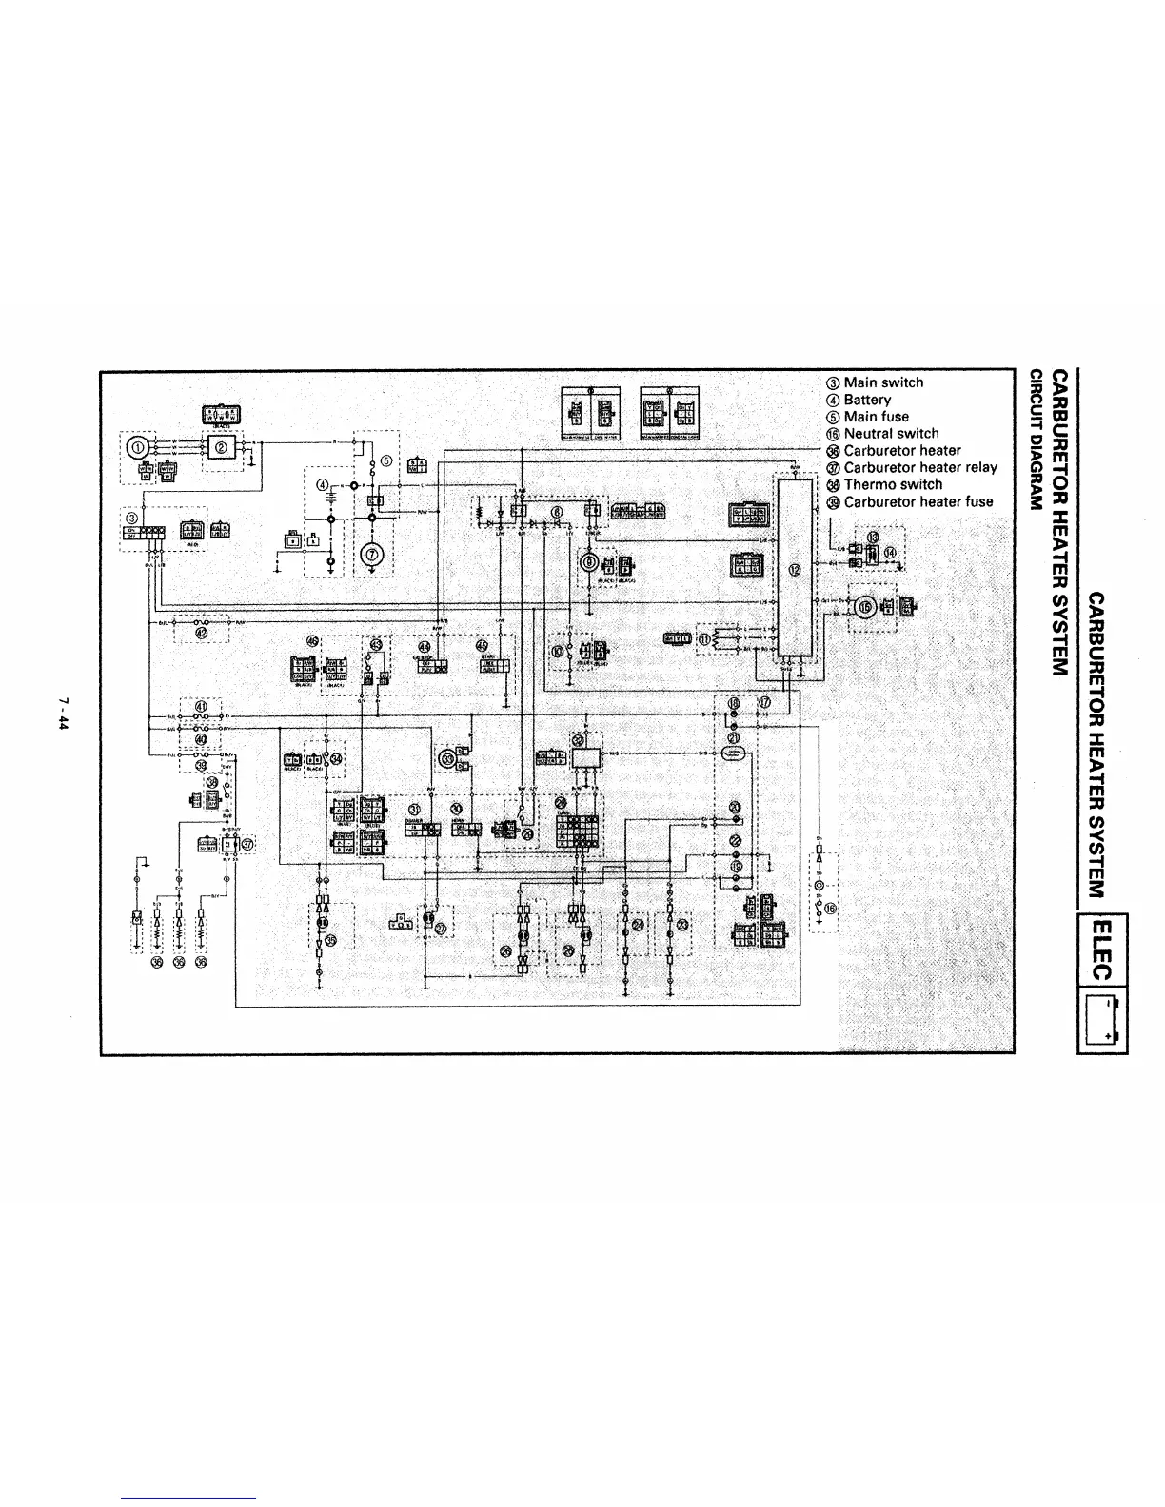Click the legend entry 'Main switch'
coord(882,382)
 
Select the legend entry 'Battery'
coord(866,400)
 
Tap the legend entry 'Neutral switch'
coord(890,433)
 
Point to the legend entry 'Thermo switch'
coord(892,484)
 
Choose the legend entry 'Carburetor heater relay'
coord(919,467)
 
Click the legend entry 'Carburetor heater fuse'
coord(918,501)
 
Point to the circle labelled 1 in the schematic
coord(137,446)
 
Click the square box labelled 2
coord(221,447)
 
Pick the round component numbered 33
coord(445,757)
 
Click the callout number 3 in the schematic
coord(131,518)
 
